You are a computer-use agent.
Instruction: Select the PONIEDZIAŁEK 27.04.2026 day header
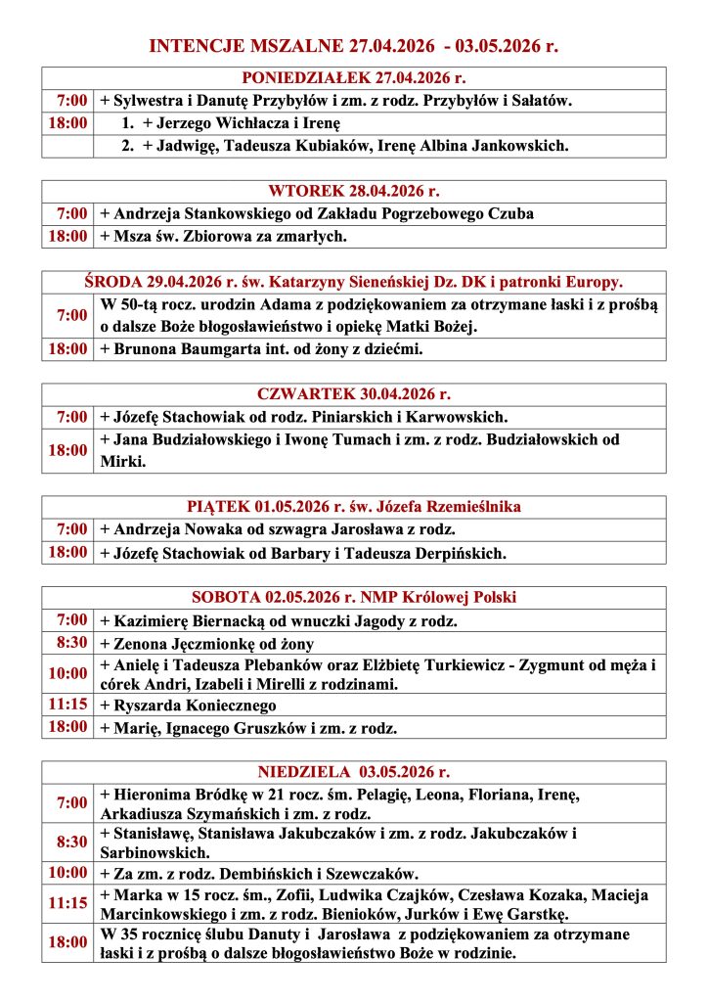click(353, 78)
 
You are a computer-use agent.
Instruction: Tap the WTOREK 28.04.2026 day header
click(353, 191)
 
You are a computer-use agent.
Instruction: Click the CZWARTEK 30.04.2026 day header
click(353, 394)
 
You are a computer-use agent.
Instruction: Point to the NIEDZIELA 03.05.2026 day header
click(353, 772)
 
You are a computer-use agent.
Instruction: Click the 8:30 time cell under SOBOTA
click(68, 642)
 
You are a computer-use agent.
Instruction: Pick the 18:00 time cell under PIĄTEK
click(68, 553)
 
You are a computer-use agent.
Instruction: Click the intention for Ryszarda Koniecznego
click(195, 706)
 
